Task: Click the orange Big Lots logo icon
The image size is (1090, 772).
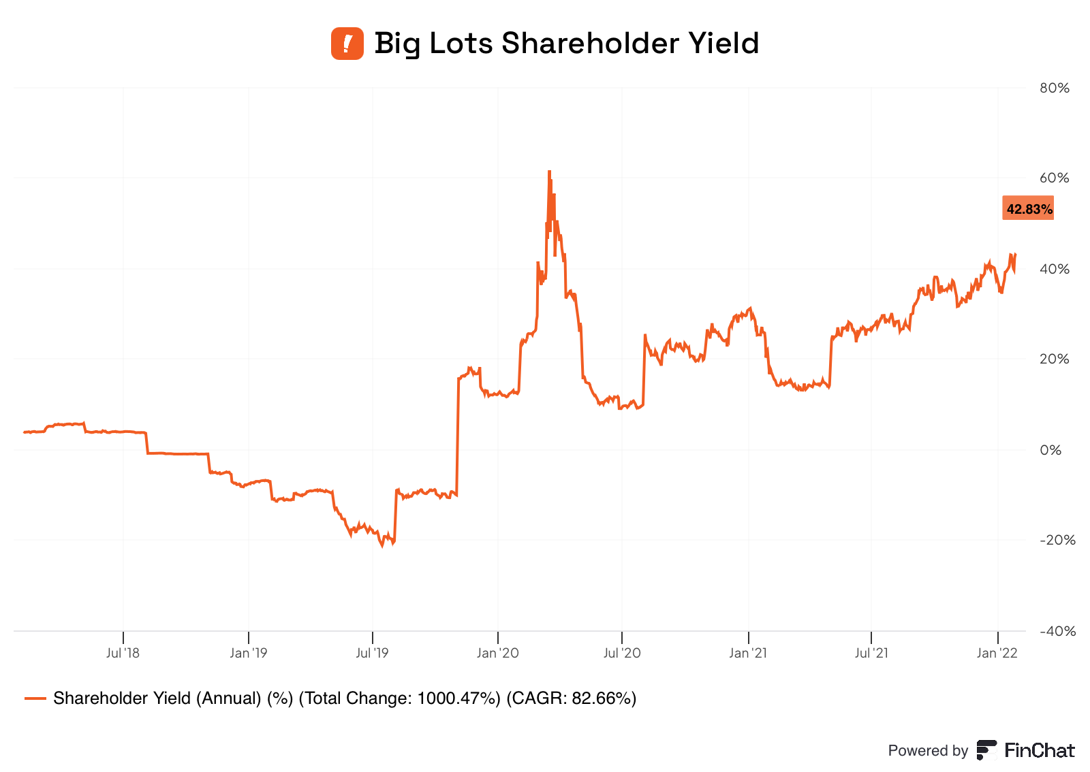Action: click(x=347, y=44)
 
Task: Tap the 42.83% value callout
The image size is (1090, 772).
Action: click(x=1029, y=208)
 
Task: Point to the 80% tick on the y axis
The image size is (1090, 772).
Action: click(x=1054, y=88)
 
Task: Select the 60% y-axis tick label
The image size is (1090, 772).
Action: click(x=1054, y=178)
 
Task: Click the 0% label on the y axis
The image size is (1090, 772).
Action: click(x=1050, y=450)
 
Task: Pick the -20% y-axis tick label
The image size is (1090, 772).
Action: click(x=1057, y=541)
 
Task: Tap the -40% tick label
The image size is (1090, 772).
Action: click(x=1057, y=631)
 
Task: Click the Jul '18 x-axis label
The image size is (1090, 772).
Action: click(x=123, y=654)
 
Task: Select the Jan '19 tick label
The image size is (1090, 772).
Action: click(x=249, y=654)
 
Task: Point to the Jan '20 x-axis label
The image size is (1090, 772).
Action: click(x=498, y=654)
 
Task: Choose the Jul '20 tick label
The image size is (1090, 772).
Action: click(x=622, y=654)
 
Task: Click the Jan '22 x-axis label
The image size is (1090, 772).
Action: click(x=997, y=654)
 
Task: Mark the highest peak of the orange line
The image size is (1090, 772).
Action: click(x=549, y=172)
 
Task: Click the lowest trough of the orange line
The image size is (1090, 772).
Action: click(x=382, y=546)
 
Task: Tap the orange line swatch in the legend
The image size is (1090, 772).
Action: click(x=35, y=698)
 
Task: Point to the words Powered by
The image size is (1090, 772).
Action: click(x=928, y=751)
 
